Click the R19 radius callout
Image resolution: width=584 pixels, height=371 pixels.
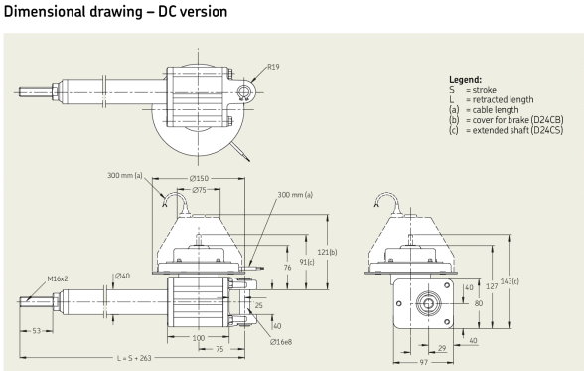coord(273,67)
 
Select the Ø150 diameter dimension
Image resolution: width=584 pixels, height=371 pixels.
coord(199,179)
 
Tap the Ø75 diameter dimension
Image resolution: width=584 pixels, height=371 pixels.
coord(199,190)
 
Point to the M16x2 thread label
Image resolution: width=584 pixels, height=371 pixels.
coord(58,278)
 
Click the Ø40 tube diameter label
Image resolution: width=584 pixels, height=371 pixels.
coord(122,276)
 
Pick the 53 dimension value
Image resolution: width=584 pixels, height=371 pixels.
coord(36,331)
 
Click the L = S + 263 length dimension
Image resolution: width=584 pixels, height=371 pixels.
coord(134,358)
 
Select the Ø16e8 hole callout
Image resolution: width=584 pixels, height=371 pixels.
coord(281,342)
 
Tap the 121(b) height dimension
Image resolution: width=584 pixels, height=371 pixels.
coord(327,252)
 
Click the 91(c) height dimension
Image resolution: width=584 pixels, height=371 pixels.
coord(307,262)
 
